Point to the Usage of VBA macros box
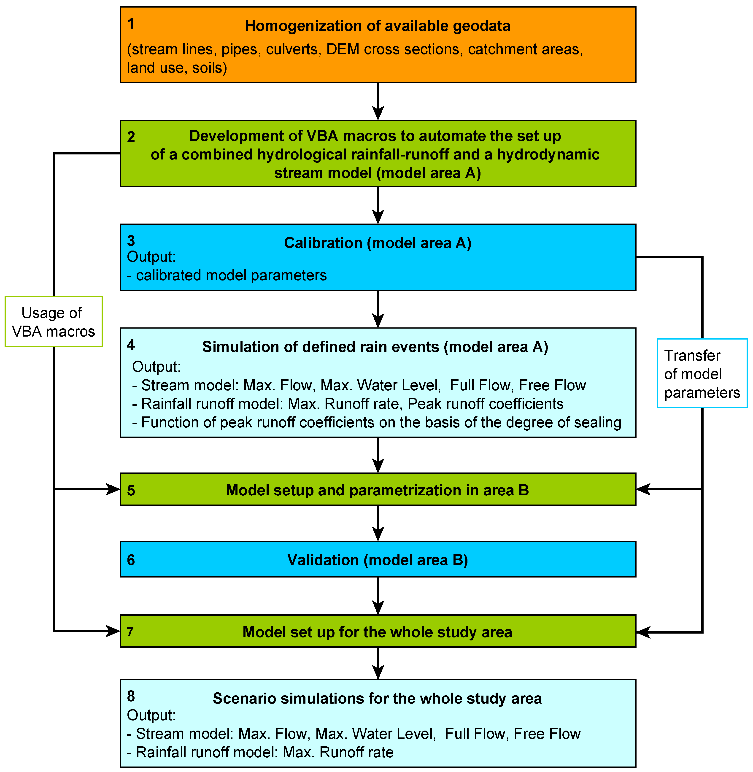click(53, 321)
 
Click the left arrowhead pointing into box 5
click(113, 489)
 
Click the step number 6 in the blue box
click(131, 560)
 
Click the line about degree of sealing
click(377, 422)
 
